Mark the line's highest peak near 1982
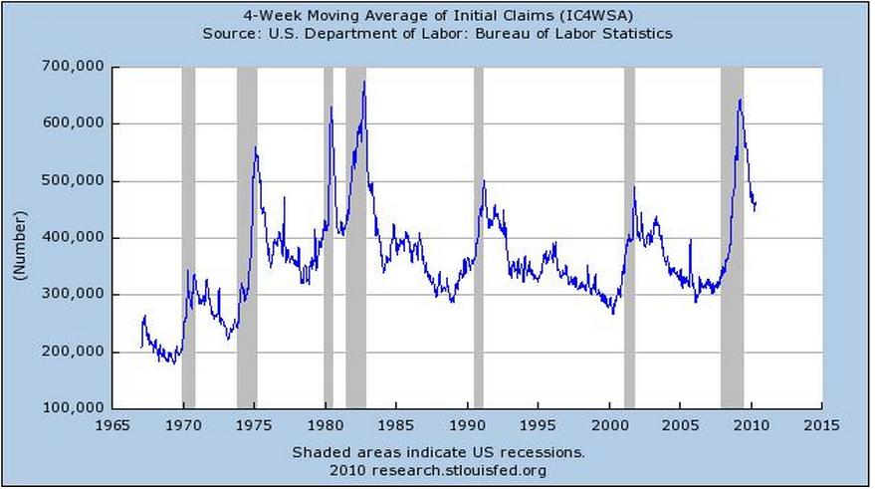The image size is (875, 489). pyautogui.click(x=364, y=82)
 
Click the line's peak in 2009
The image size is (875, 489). pyautogui.click(x=740, y=99)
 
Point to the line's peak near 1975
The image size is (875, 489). pyautogui.click(x=256, y=147)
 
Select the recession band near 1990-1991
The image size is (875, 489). pyautogui.click(x=478, y=239)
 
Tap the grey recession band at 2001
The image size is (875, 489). pyautogui.click(x=629, y=239)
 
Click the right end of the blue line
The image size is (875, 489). pyautogui.click(x=757, y=202)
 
